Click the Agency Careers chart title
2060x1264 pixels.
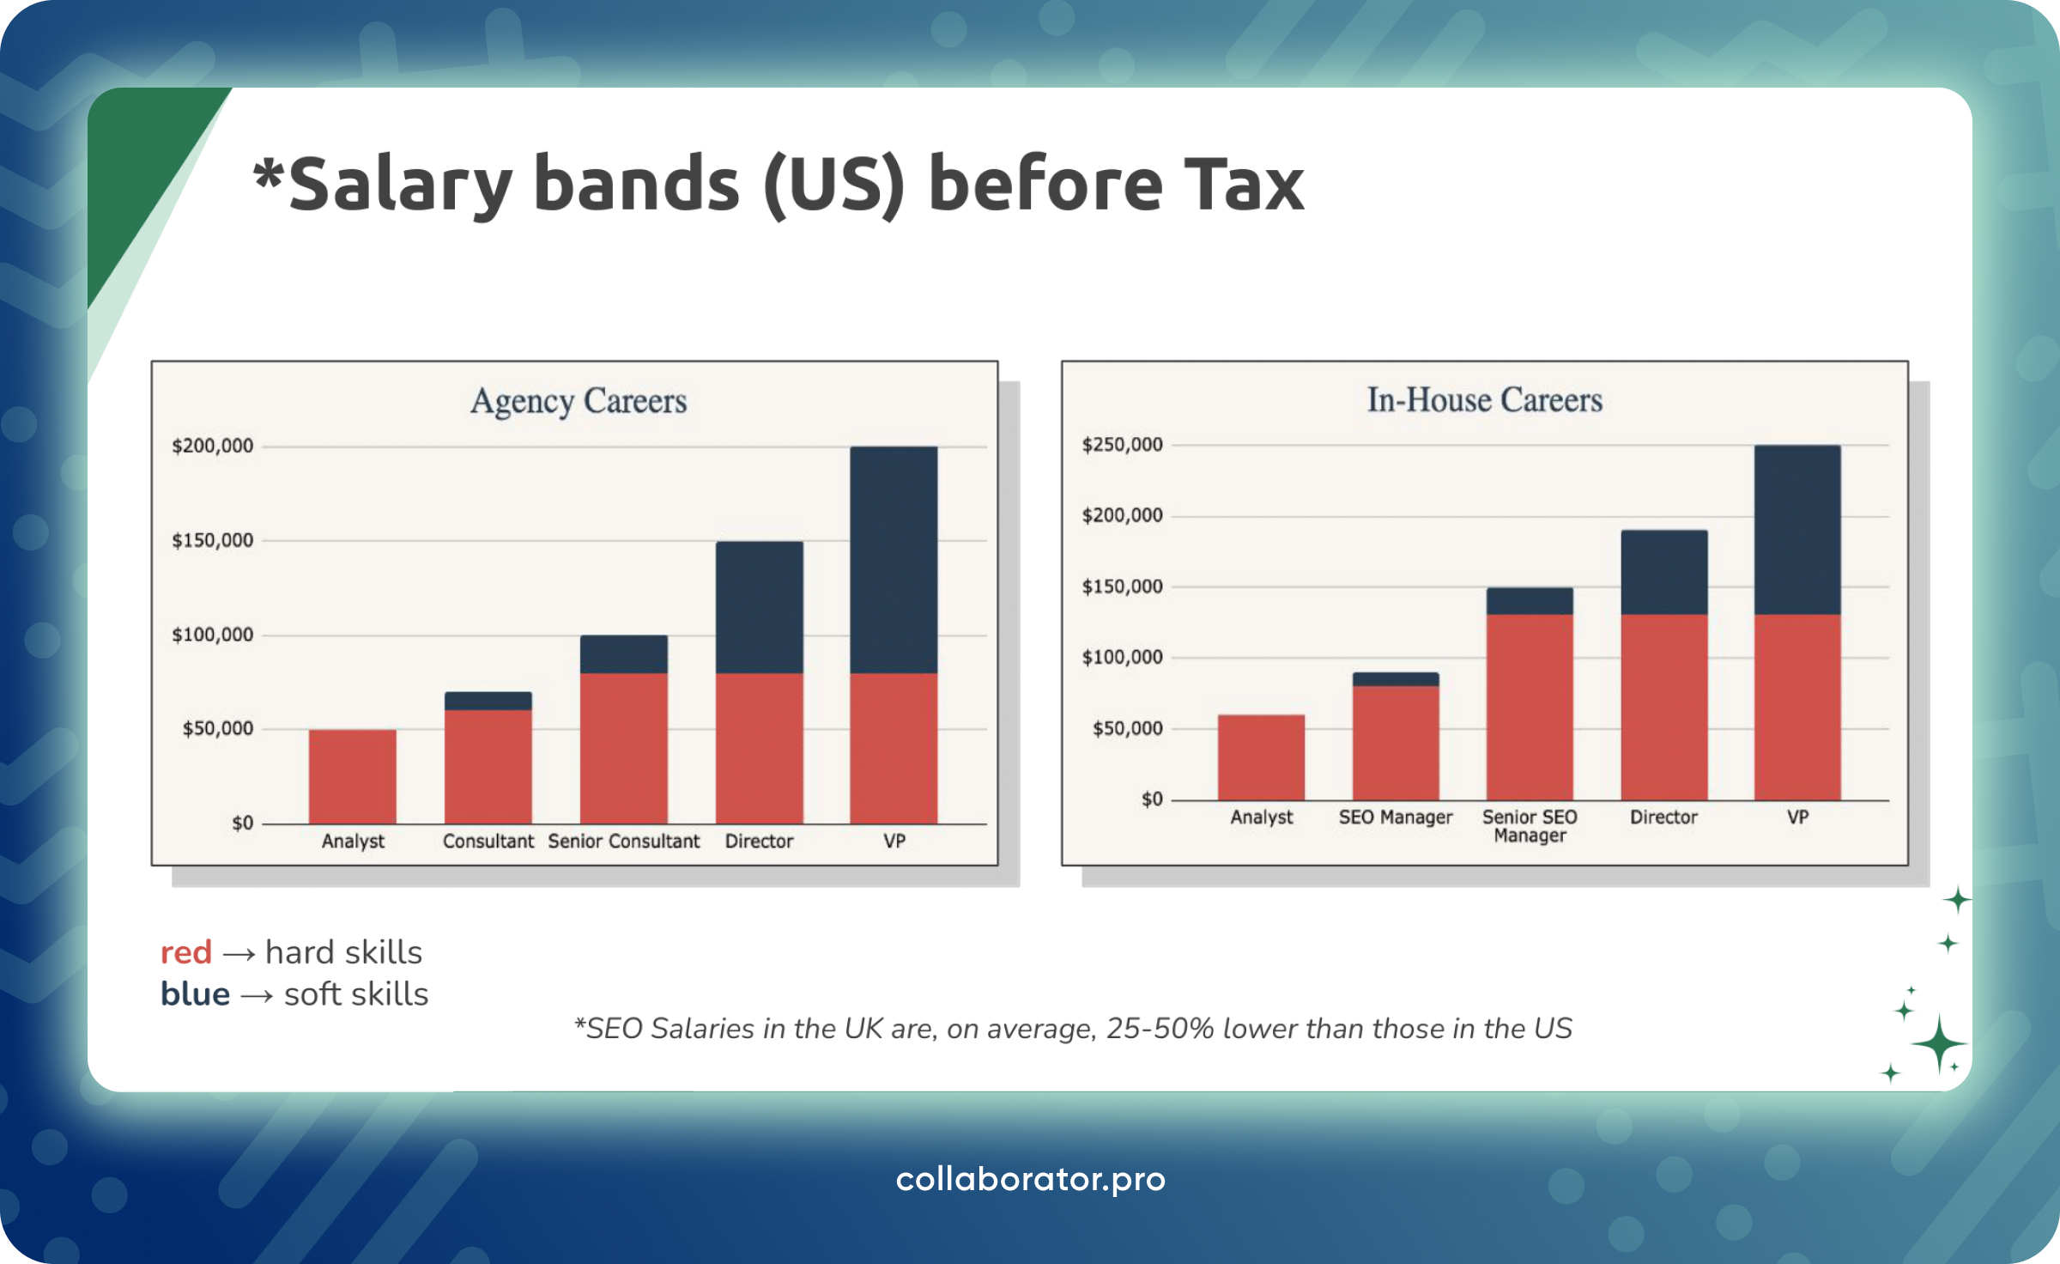[579, 401]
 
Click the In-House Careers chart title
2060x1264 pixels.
[1484, 400]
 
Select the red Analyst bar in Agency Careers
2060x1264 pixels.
[353, 776]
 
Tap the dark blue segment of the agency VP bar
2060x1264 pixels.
[894, 559]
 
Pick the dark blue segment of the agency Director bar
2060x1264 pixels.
[760, 606]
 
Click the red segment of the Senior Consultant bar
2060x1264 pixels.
[624, 747]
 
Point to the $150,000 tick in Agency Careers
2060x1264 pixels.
[213, 540]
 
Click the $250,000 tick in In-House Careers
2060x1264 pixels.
[1122, 445]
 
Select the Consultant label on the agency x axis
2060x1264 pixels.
[488, 842]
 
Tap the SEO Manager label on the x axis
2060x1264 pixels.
[1396, 817]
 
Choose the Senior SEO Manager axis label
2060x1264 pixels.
[1530, 826]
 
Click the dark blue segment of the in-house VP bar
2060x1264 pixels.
[1797, 529]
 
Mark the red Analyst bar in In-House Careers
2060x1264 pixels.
[1261, 757]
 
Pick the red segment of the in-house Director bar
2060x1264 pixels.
[1663, 706]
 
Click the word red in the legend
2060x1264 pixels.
[186, 952]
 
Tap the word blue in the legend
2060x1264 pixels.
[195, 994]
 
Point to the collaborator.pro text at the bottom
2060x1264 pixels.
[1030, 1179]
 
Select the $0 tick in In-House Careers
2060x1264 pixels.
[1151, 799]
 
